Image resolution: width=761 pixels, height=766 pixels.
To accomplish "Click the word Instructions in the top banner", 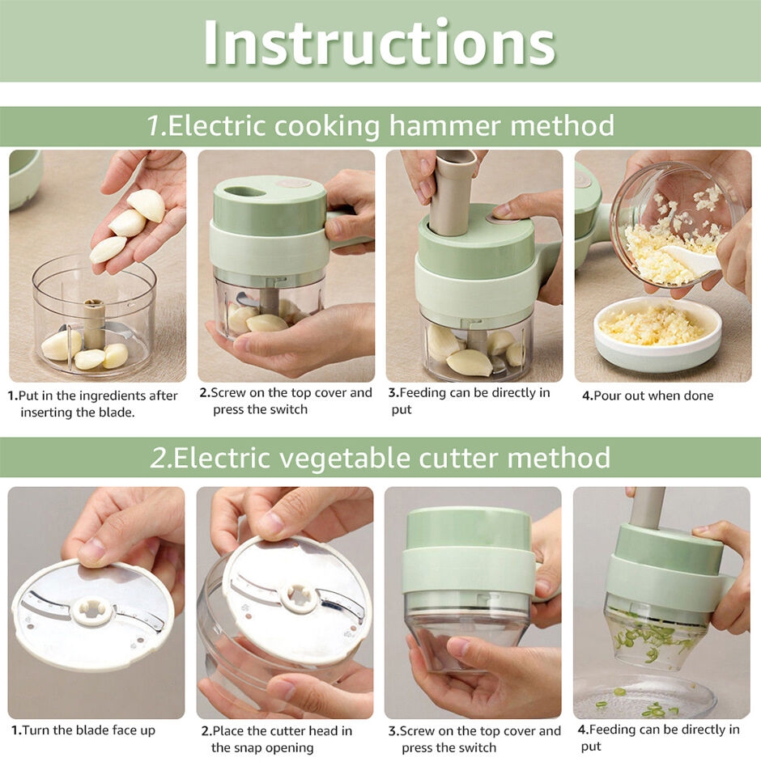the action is click(380, 43).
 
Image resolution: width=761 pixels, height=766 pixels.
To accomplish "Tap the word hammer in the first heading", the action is click(444, 125).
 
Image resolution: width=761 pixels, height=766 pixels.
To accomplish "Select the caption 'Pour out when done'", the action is click(653, 396).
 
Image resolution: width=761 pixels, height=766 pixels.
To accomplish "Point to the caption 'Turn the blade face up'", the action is click(88, 730).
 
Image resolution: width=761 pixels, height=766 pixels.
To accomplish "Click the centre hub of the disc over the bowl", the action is click(299, 597).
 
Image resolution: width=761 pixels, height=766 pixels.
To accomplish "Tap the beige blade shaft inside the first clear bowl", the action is click(94, 324).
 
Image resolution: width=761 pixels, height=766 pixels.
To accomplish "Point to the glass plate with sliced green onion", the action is click(645, 696).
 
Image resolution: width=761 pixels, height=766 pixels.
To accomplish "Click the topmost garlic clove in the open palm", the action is click(147, 205).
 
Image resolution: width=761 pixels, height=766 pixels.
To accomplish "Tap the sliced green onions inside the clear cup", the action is click(653, 640).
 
